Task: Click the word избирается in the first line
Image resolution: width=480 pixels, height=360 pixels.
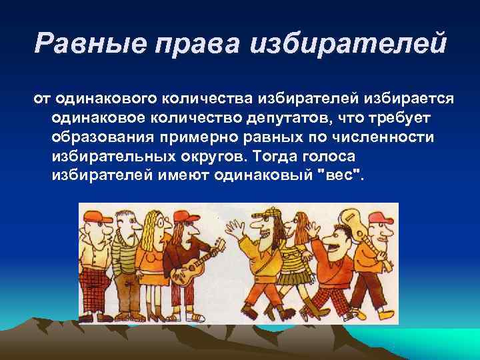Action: coord(409,99)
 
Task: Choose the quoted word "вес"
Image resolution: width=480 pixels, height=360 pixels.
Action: coord(344,177)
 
